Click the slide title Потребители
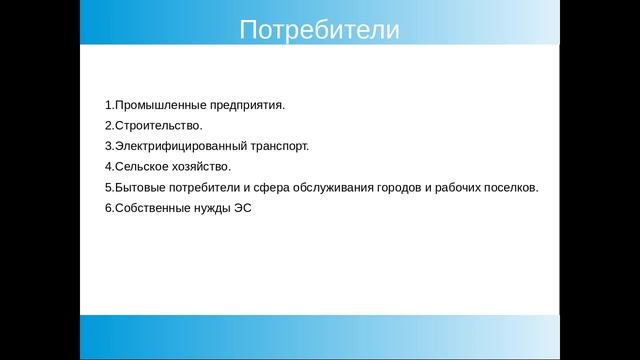pyautogui.click(x=319, y=30)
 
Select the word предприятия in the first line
pyautogui.click(x=244, y=104)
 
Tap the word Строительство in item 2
pyautogui.click(x=158, y=125)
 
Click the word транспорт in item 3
pyautogui.click(x=274, y=146)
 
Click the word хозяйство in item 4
pyautogui.click(x=200, y=167)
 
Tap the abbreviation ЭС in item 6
pyautogui.click(x=241, y=209)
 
